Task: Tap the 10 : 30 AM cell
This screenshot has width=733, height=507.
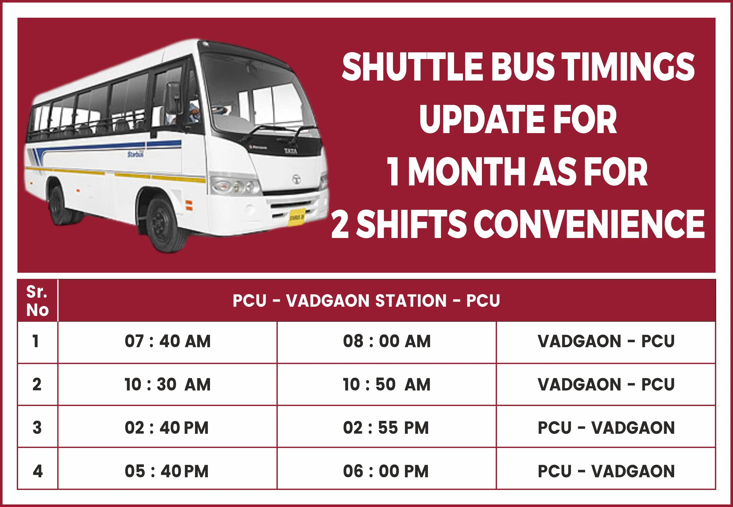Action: pos(167,384)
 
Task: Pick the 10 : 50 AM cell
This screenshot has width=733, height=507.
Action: pos(387,384)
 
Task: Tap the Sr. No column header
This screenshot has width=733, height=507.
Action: pos(37,301)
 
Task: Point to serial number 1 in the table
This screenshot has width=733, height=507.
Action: pos(36,341)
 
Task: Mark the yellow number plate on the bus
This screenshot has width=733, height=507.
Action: pos(297,217)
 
